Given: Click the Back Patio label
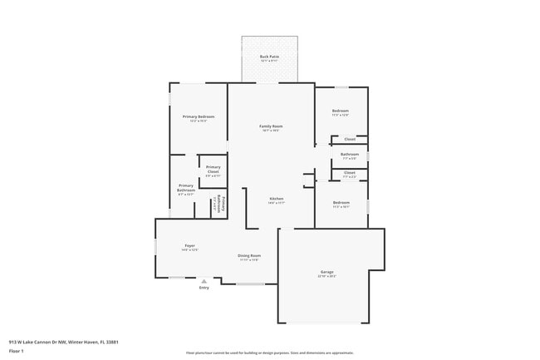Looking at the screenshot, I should (x=269, y=58).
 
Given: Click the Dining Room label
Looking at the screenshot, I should (x=249, y=257).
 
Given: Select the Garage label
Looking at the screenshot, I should (x=326, y=274).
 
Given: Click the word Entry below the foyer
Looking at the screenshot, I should (x=204, y=288).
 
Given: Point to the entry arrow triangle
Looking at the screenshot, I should (x=204, y=281).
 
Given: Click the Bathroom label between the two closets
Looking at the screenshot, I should (x=349, y=155).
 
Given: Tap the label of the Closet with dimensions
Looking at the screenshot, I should (x=349, y=174).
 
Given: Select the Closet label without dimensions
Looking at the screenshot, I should (x=350, y=139).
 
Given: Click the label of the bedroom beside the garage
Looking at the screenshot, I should (x=341, y=204).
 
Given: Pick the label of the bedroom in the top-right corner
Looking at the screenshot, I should (x=341, y=112).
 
